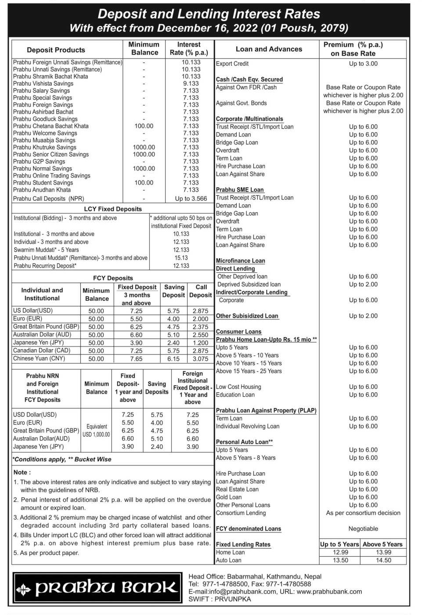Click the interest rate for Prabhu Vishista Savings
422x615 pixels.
[x=191, y=83]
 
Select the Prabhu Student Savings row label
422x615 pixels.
[x=43, y=183]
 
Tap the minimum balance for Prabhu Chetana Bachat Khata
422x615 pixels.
[x=144, y=126]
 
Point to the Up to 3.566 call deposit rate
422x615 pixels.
[x=191, y=199]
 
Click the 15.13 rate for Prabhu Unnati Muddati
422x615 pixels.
[x=181, y=258]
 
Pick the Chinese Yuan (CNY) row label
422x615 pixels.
[x=39, y=358]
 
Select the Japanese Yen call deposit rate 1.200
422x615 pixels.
[x=200, y=343]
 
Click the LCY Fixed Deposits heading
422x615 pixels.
[x=113, y=209]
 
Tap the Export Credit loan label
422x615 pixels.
[x=232, y=64]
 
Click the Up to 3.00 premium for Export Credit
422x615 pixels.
[x=363, y=64]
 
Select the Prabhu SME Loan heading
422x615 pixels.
[x=240, y=190]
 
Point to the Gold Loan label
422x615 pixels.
[x=229, y=497]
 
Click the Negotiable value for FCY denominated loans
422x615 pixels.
[x=363, y=529]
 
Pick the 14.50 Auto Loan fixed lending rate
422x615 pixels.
[x=383, y=561]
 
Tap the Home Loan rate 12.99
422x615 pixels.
[x=340, y=553]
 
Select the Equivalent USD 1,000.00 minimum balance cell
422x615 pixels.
[x=97, y=430]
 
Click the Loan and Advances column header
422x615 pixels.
[x=269, y=49]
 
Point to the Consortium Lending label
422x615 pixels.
[x=241, y=513]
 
